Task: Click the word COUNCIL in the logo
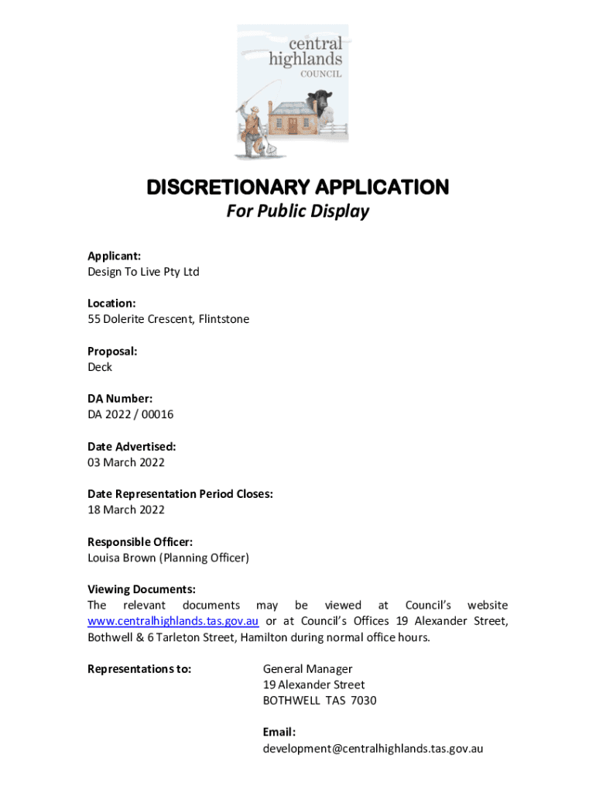pos(321,74)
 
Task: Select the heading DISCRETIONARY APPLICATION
pos(298,187)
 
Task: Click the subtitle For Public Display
pos(298,211)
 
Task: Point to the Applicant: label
pos(114,256)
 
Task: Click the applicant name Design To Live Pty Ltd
pos(143,272)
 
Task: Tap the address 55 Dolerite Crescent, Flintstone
pos(168,319)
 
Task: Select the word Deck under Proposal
pos(100,367)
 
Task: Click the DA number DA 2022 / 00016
pos(130,414)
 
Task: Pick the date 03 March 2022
pos(125,462)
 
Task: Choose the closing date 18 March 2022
pos(125,510)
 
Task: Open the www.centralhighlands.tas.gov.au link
pos(173,621)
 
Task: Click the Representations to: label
pos(139,669)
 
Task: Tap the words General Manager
pos(307,669)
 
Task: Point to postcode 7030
pos(363,701)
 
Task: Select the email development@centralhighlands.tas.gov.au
pos(373,749)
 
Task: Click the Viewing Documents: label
pos(141,589)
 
